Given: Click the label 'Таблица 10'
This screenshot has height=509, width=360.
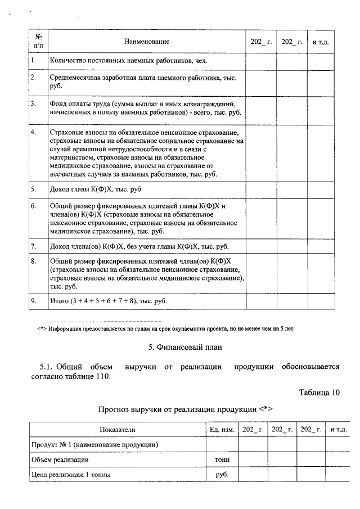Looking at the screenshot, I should pos(319,393).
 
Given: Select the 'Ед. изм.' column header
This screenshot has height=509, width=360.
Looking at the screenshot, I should pos(222,430).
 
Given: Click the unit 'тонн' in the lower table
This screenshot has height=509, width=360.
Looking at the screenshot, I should pos(222,460).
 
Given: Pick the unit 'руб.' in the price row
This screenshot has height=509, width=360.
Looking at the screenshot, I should pos(222,474).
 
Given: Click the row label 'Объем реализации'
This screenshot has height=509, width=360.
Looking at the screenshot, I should pos(59,460).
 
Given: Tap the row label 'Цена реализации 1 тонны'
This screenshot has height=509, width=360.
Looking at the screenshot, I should pos(70,474).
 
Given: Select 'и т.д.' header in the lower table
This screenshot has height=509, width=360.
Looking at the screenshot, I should pos(339,430).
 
